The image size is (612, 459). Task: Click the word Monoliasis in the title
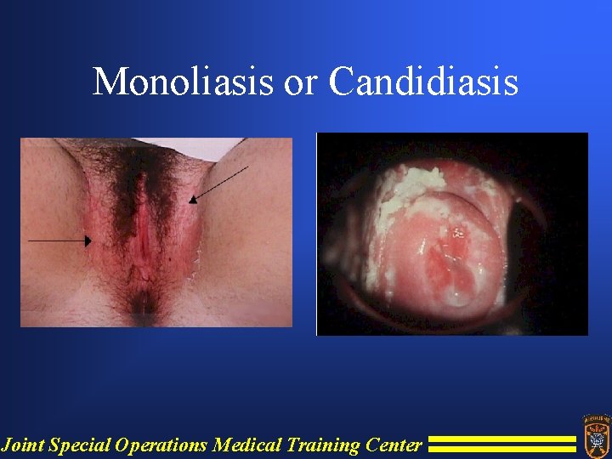[x=182, y=82]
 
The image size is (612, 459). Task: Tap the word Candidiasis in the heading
[x=423, y=82]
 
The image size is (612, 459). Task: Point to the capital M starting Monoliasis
[x=108, y=82]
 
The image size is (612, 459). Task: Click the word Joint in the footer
[x=23, y=445]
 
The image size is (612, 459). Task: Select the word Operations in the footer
[x=161, y=445]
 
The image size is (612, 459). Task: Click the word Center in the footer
[x=394, y=445]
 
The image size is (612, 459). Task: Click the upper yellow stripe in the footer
[x=501, y=439]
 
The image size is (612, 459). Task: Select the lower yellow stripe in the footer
[x=501, y=448]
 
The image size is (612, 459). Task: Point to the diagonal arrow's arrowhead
[x=192, y=201]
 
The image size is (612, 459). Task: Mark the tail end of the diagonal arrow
[x=246, y=167]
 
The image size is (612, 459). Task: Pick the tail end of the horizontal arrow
[x=30, y=241]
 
